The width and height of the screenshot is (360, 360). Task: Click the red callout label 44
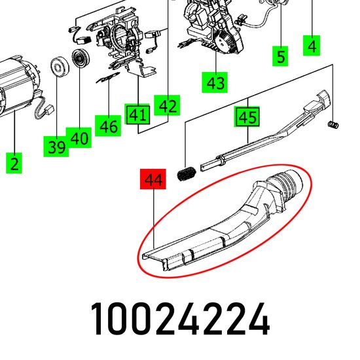[x=153, y=179]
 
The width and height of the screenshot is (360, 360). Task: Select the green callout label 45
[x=247, y=117]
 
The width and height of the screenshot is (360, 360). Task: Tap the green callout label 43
[x=215, y=82]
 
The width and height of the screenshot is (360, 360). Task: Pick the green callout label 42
[x=167, y=105]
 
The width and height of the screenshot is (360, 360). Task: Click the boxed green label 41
[x=137, y=114]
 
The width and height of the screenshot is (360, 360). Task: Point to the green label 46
[x=108, y=126]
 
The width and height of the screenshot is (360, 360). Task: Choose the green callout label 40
[x=79, y=137]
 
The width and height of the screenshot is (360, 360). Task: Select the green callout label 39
[x=56, y=147]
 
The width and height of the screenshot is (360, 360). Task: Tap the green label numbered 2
[x=14, y=163]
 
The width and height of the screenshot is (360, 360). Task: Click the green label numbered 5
[x=280, y=56]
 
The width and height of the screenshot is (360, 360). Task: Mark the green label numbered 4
[x=312, y=45]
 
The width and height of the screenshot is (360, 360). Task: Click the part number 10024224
[x=180, y=319]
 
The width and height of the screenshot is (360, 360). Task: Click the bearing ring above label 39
[x=59, y=67]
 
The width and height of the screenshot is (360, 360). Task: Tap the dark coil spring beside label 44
[x=186, y=174]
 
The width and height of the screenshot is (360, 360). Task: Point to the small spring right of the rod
[x=333, y=124]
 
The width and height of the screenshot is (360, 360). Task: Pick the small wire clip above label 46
[x=108, y=78]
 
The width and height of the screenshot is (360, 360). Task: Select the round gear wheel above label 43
[x=223, y=43]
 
